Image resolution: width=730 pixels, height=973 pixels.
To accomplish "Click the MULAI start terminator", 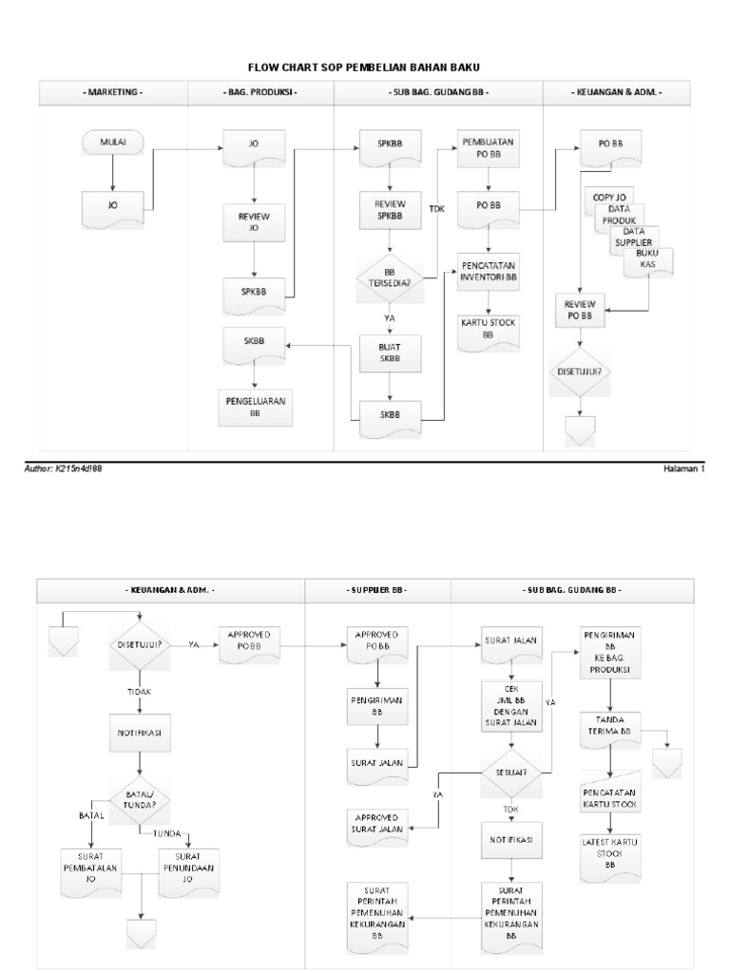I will pos(113,143).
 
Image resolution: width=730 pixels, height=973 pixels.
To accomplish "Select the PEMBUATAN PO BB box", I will pos(488,147).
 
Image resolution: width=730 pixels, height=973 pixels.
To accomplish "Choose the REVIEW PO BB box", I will pos(579,308).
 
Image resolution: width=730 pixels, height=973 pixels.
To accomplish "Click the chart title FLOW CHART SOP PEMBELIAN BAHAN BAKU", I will pos(364,67).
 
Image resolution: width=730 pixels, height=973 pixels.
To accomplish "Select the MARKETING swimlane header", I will pos(113,93).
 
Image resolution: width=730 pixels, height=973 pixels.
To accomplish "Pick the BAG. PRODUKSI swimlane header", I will pos(260,93).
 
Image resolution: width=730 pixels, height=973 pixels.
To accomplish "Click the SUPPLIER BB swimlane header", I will pos(378,590).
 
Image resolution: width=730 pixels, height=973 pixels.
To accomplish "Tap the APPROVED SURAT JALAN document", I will pos(378,823).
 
